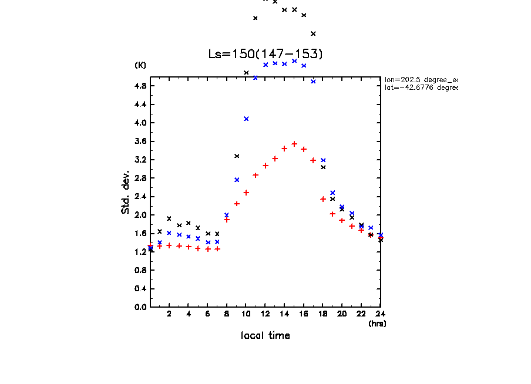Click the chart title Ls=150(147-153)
point(265,54)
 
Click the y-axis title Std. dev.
point(126,192)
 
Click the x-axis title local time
point(265,336)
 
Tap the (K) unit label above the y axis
point(140,65)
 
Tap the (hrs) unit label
point(377,323)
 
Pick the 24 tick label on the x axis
point(381,314)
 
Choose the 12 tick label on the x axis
point(265,314)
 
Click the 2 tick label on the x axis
point(169,314)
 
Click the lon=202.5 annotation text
point(421,79)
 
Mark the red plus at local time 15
point(294,144)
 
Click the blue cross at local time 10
point(246,119)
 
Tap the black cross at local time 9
point(237,156)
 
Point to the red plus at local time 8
point(227,220)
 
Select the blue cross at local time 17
point(313,81)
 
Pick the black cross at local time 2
point(169,218)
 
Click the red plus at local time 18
point(323,199)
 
